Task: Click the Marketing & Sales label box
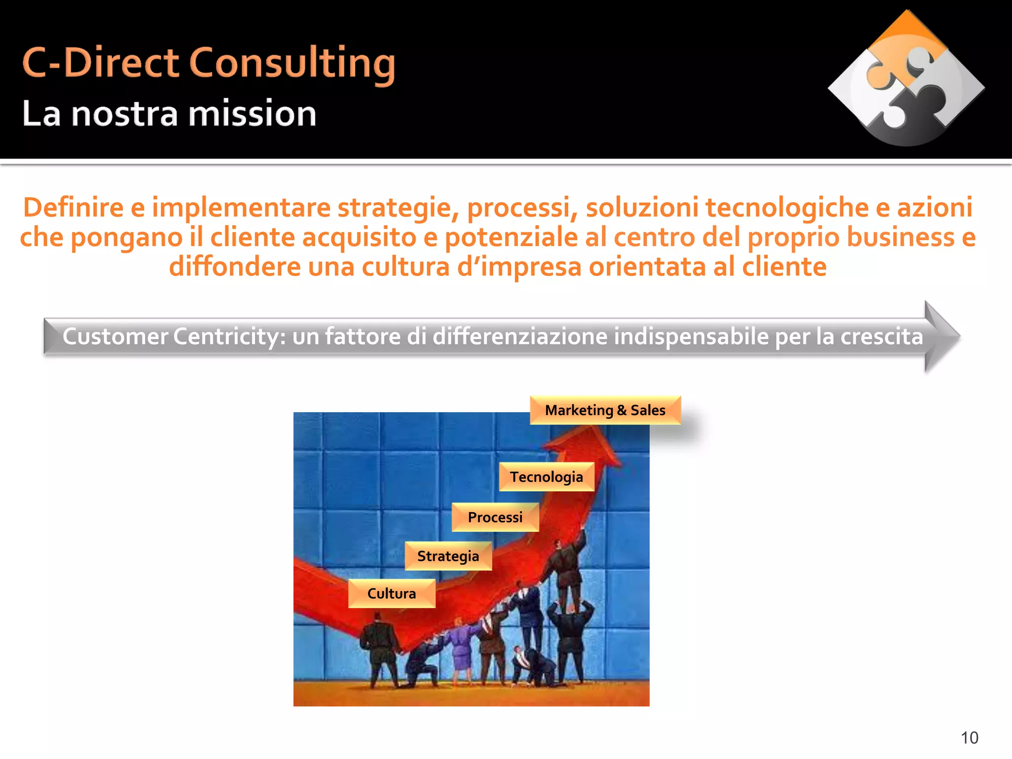(605, 410)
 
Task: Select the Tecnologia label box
(546, 477)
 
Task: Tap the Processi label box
(495, 517)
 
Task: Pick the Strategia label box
(448, 556)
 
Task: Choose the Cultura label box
(391, 593)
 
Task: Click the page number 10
(969, 738)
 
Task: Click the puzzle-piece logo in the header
(906, 79)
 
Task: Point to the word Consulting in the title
(293, 64)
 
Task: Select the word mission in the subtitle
(253, 114)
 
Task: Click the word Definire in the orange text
(73, 208)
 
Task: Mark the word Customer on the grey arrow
(115, 337)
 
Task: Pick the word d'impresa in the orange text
(519, 267)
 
